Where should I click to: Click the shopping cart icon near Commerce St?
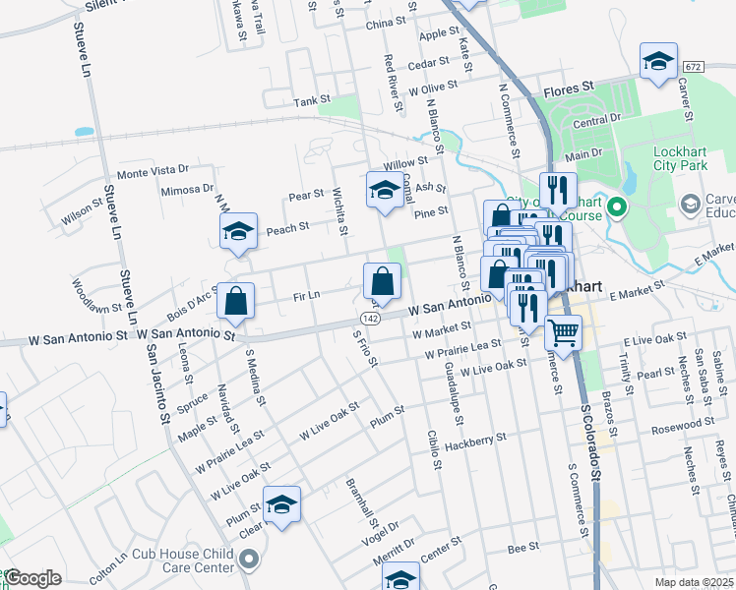click(x=563, y=332)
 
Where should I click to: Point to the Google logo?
click(x=33, y=578)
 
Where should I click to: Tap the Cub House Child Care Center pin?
click(x=248, y=560)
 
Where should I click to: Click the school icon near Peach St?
click(x=238, y=232)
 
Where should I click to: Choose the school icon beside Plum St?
click(x=281, y=505)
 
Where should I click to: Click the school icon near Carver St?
click(x=658, y=62)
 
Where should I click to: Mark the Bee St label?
click(x=519, y=547)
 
